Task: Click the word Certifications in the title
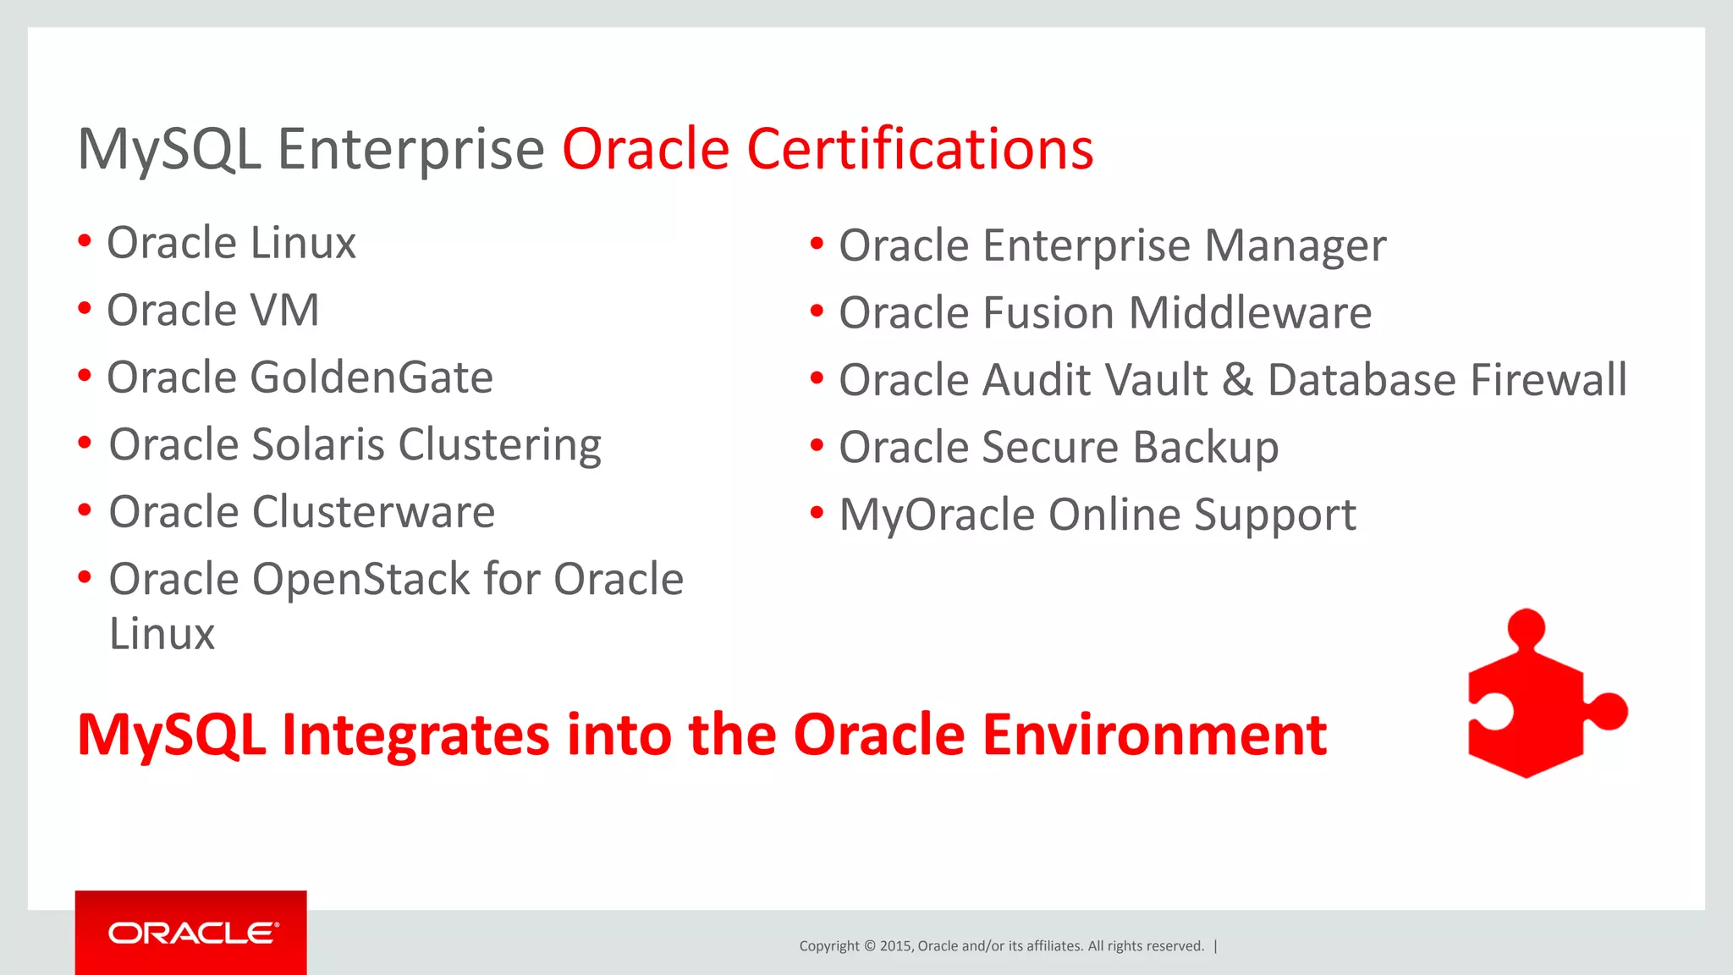click(x=919, y=149)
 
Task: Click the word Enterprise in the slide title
click(x=410, y=151)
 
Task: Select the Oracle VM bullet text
click(x=212, y=310)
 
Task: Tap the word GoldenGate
click(x=371, y=377)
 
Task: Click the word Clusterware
click(x=373, y=512)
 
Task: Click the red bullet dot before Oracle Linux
click(x=84, y=241)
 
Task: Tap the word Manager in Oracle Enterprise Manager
click(x=1295, y=246)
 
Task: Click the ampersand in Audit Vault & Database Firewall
click(x=1237, y=379)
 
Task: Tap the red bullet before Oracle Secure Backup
click(x=816, y=445)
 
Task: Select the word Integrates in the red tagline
click(x=415, y=735)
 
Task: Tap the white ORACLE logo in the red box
click(x=192, y=933)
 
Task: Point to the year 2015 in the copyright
click(x=894, y=946)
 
